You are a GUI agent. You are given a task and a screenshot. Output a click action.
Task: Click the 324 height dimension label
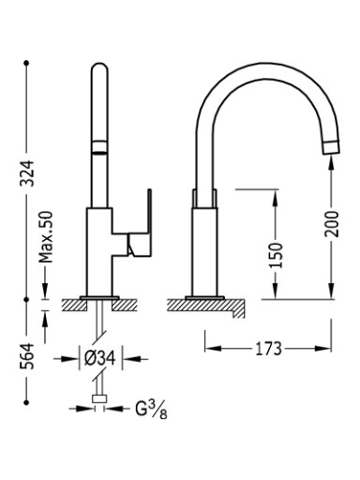tap(27, 173)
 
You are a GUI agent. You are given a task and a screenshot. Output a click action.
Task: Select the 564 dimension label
tap(27, 356)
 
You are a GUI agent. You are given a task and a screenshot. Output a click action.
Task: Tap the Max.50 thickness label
tap(46, 237)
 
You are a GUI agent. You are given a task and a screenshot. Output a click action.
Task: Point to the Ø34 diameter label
tap(100, 358)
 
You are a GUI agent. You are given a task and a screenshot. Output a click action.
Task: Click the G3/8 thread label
tap(151, 410)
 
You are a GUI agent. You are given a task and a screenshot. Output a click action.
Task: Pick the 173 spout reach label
tap(268, 349)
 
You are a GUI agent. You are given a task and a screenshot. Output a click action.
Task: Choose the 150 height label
tap(276, 255)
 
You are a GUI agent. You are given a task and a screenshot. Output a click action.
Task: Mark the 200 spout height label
tap(331, 224)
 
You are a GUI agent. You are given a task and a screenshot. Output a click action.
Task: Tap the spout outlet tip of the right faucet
tap(331, 147)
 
